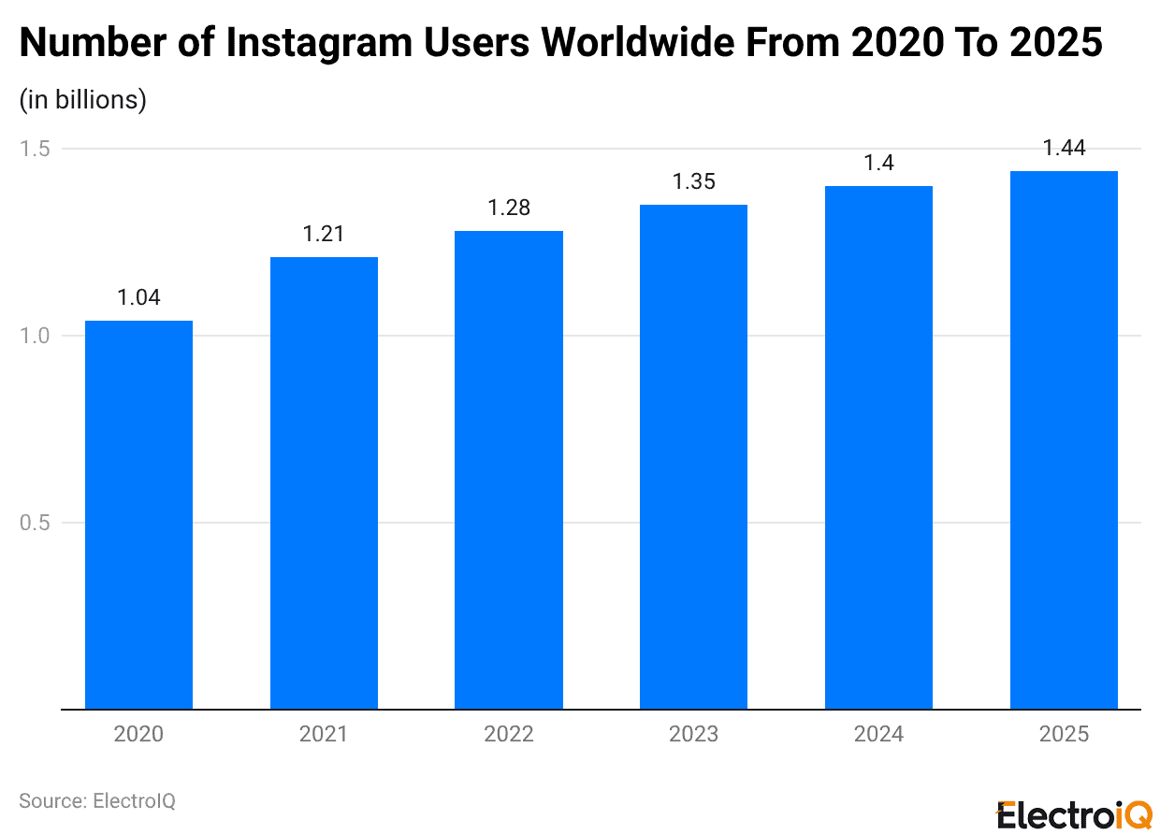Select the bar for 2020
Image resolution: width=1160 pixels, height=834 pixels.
[138, 514]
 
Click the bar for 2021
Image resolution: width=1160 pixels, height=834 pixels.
[324, 482]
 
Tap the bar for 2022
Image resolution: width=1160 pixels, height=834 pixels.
[509, 469]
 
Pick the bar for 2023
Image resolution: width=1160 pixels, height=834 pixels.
[693, 456]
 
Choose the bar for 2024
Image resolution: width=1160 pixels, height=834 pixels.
[878, 447]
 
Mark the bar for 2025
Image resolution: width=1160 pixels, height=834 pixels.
[1064, 439]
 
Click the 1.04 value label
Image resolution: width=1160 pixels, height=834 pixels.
[138, 298]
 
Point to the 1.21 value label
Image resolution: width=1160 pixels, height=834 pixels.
[324, 235]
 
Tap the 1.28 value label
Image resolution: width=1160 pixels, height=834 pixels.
[509, 208]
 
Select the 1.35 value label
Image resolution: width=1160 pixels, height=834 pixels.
[693, 182]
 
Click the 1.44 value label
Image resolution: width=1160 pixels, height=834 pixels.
[1064, 149]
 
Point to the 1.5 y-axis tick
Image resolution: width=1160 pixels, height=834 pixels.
[35, 149]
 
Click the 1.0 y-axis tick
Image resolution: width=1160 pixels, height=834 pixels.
[35, 336]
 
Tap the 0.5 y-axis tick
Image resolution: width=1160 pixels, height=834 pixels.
[35, 523]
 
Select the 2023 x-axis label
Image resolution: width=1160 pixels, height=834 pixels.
[693, 735]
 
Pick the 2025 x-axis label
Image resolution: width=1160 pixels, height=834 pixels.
[1064, 735]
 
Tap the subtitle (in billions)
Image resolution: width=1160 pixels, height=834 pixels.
[83, 100]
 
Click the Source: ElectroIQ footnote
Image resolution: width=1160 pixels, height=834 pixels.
[97, 801]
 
